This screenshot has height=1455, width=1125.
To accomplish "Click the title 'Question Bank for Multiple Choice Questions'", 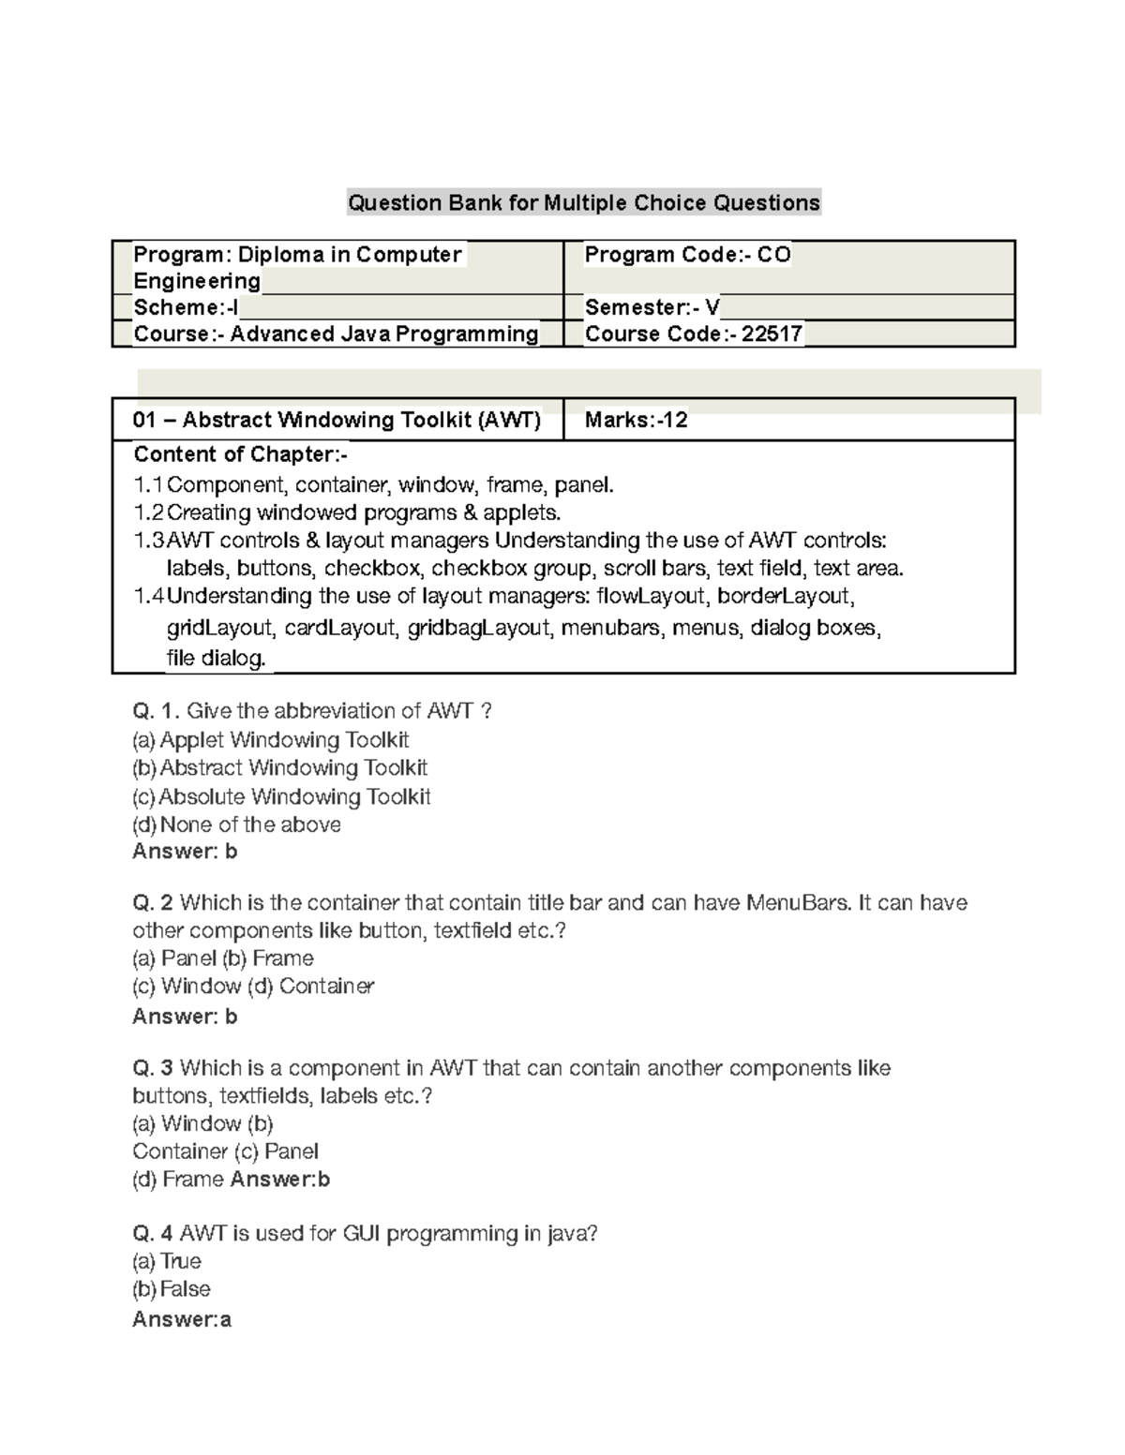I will coord(583,202).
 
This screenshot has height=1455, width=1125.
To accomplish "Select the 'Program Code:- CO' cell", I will coord(687,255).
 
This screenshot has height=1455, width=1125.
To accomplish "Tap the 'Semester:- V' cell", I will coord(652,307).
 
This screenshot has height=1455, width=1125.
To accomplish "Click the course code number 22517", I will coord(772,334).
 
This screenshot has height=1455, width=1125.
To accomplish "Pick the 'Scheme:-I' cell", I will coord(186,307).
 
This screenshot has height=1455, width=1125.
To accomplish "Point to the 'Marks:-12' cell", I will coord(636,420).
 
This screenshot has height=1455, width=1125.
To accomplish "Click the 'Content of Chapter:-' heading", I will coord(240,454).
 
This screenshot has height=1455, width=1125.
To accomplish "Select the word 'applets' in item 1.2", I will coord(522,512).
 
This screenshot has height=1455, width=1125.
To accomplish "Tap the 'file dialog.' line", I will coord(216,658).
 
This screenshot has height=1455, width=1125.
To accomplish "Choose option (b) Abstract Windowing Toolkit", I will coord(279,768).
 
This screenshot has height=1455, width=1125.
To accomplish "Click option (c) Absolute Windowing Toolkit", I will coord(281,797).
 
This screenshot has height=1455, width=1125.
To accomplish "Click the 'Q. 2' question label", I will coord(153,903).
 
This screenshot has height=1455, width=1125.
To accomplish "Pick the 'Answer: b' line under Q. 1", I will coord(185,852).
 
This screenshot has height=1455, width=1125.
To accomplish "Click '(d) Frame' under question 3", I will coord(178,1180).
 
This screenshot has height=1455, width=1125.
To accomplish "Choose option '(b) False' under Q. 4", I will coord(171,1289).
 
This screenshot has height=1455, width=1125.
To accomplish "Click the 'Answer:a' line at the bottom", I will coord(182,1320).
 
